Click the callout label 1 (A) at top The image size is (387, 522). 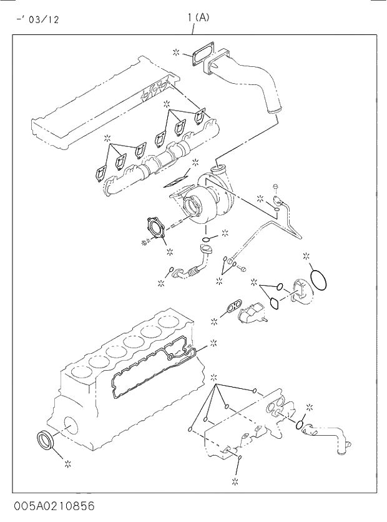click(x=198, y=18)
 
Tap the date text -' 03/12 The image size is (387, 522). click(x=37, y=19)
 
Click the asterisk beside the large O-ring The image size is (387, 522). click(x=306, y=256)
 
